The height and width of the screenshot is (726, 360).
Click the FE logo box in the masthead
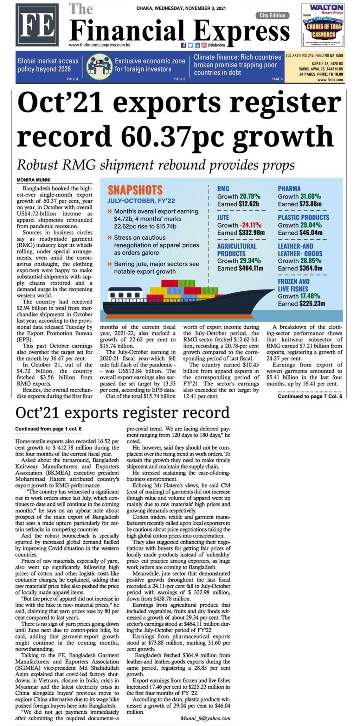click(x=37, y=25)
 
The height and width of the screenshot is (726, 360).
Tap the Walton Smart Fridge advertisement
click(x=323, y=25)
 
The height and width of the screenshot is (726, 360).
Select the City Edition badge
click(x=272, y=15)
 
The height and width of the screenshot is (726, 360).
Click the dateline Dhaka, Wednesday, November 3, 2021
click(x=181, y=8)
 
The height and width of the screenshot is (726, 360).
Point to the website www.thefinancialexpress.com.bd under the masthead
click(x=100, y=45)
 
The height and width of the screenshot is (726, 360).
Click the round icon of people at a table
click(x=99, y=67)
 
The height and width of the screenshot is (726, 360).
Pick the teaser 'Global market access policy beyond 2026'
click(x=48, y=65)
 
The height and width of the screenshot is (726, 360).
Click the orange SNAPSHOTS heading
click(x=135, y=190)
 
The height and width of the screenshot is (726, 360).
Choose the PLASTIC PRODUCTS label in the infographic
click(x=303, y=217)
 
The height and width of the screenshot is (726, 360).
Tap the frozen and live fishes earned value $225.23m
click(x=312, y=304)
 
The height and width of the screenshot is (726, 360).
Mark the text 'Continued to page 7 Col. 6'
click(x=310, y=396)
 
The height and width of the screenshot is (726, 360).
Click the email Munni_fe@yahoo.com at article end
click(x=205, y=718)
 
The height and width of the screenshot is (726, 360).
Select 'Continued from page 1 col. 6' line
click(x=48, y=429)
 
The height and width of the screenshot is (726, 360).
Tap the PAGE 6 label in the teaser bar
click(x=277, y=79)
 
